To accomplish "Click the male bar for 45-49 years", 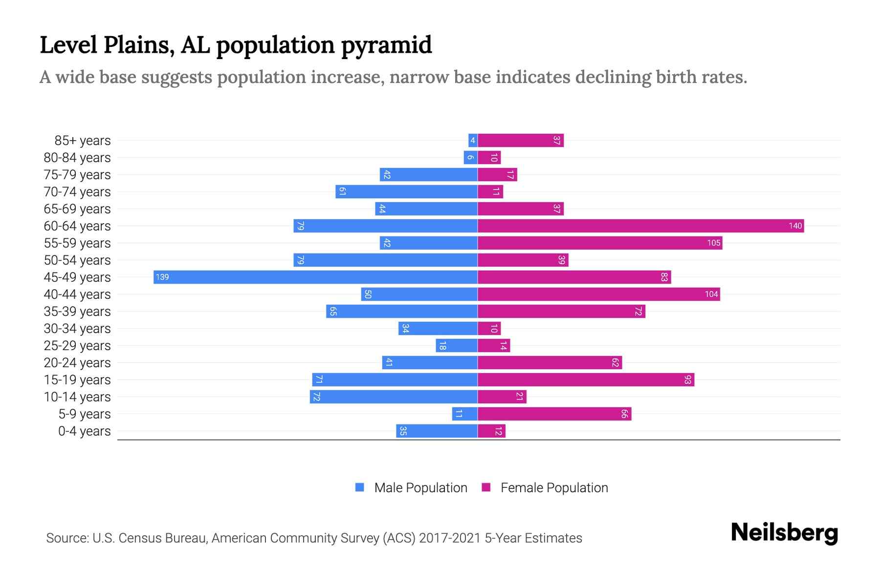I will coord(315,277).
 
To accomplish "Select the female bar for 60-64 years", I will coord(640,226).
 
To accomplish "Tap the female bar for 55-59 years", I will coord(600,243).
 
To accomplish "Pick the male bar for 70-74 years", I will coord(406,192).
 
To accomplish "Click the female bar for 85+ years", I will coord(521,141).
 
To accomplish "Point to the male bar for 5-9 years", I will coord(465,414).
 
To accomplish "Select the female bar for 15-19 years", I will coord(586,380).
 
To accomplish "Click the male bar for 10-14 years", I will coord(394,397).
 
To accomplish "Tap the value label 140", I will coord(795,226).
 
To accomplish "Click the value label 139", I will coord(162,277).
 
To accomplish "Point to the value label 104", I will coord(711,294).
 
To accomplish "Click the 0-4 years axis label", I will coord(84,431).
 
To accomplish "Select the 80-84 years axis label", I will coord(77,158).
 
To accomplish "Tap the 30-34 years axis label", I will coord(77,329).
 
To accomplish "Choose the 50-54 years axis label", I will coord(77,260).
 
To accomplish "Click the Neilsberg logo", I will coord(784,533).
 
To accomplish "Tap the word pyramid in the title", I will coord(386,45).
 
